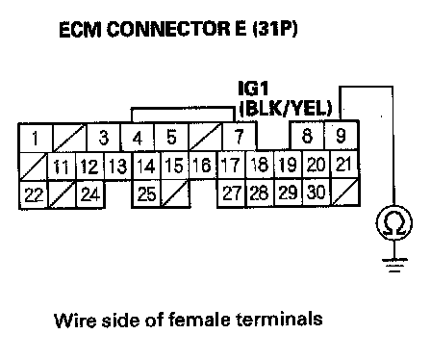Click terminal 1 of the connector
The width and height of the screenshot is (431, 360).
pos(35,138)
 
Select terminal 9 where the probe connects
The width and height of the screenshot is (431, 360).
pos(341,136)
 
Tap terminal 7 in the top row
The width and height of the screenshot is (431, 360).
pos(240,137)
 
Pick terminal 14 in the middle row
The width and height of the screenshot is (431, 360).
pos(146,166)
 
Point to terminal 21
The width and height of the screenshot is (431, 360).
pos(343,164)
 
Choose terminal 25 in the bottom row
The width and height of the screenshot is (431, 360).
pos(146,193)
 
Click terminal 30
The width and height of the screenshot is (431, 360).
pos(316,192)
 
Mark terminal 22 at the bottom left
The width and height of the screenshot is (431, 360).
pos(34,194)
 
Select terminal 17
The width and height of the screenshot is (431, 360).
pos(231,165)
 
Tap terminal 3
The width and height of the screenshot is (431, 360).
pos(104,138)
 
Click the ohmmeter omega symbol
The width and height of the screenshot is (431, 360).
pos(394,223)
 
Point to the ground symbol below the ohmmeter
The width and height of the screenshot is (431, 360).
pos(394,265)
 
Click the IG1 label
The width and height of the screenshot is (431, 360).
pos(253,89)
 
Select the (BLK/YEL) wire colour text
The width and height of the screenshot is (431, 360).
pos(286,109)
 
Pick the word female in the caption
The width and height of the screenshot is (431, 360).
pos(199,320)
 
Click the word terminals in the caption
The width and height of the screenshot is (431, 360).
pos(279,319)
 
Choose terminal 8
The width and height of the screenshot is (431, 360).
pos(307,136)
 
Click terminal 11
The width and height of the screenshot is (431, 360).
pos(62,167)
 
